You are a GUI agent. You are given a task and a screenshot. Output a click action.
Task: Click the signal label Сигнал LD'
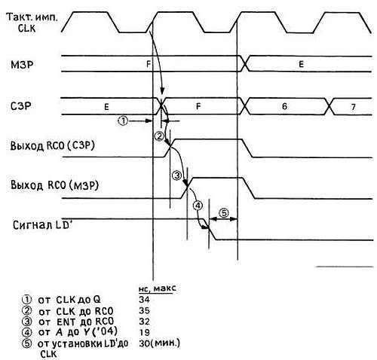coord(42,225)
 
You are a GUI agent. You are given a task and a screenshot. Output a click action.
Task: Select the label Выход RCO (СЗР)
coord(53,145)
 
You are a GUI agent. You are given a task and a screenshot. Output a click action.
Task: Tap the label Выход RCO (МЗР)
coord(54,185)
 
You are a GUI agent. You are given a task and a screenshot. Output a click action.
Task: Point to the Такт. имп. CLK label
coord(32,23)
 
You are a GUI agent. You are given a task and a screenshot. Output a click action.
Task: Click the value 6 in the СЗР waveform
coord(284,106)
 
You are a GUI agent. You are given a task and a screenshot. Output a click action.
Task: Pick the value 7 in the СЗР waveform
coord(353,107)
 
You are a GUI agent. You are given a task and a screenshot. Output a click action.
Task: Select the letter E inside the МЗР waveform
coord(301,64)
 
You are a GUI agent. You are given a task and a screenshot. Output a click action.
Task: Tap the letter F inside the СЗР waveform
coord(198,106)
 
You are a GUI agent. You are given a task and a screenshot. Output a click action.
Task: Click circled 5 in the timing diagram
coord(224,213)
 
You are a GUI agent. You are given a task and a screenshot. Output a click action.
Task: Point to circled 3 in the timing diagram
coord(176,175)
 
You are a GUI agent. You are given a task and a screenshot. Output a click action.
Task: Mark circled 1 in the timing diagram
coord(123,121)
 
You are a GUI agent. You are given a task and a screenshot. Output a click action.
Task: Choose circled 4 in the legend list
coord(27,332)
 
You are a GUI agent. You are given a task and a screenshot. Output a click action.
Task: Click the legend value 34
coord(144,299)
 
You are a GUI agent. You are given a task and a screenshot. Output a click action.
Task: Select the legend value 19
coord(144,332)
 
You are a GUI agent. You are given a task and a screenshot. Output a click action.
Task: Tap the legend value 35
coord(144,310)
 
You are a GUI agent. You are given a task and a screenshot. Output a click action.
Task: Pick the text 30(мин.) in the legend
coord(159,343)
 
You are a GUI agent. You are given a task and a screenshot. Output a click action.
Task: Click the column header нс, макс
coord(158,288)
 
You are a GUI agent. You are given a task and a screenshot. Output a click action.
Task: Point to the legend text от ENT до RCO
coord(76,322)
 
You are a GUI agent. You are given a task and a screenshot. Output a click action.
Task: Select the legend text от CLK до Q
coord(69,300)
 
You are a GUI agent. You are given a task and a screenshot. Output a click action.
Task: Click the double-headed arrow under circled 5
coord(223,219)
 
